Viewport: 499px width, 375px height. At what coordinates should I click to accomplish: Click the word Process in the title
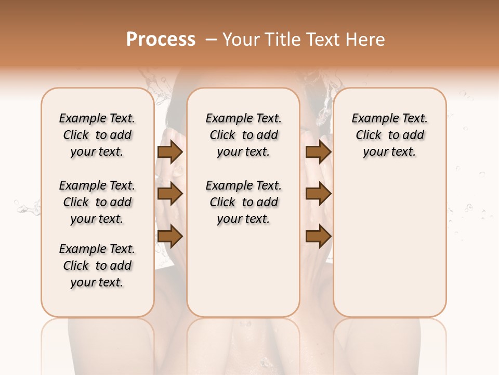click(x=161, y=40)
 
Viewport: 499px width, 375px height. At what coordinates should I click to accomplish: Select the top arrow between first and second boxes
click(x=170, y=152)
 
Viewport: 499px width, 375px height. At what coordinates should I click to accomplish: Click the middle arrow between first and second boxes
click(x=170, y=194)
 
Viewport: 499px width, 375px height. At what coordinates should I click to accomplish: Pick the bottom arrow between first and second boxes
click(x=170, y=236)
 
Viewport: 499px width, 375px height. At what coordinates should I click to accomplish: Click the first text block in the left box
click(x=97, y=135)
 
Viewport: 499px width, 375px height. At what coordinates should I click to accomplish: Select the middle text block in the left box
click(x=97, y=202)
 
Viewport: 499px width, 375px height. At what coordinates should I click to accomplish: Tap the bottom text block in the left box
click(x=97, y=266)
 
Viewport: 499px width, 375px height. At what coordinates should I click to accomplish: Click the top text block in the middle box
click(x=243, y=135)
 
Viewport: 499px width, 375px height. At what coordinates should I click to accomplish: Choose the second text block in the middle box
click(x=243, y=202)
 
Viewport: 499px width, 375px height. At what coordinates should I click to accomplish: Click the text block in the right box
click(x=389, y=135)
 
